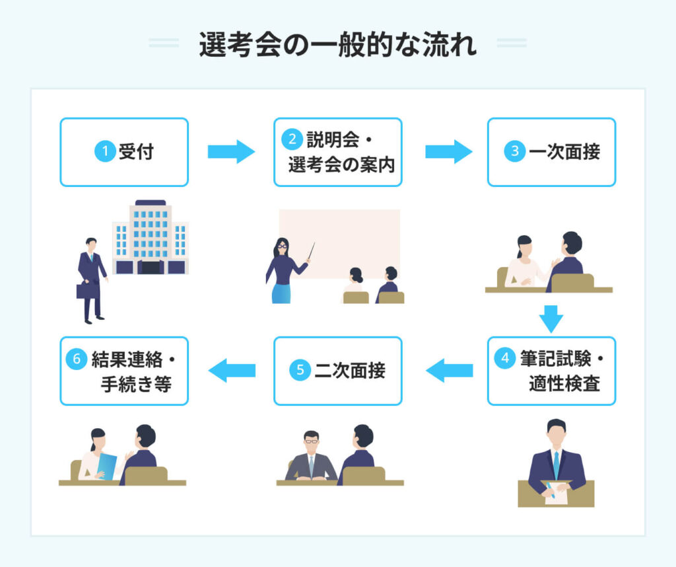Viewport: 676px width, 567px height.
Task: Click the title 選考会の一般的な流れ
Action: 337,45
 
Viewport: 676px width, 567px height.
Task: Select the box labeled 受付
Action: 124,152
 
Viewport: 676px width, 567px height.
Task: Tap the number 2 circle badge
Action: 291,139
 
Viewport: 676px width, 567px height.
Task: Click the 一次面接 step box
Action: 551,152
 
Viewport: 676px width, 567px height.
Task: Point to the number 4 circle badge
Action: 505,358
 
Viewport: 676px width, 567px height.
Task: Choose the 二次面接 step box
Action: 337,371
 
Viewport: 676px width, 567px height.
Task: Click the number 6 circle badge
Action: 77,358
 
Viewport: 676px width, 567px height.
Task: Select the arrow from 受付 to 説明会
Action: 231,151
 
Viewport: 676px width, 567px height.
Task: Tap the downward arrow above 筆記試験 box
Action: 551,319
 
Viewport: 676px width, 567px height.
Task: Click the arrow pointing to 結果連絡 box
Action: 232,371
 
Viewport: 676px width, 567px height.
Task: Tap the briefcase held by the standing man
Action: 87,289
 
